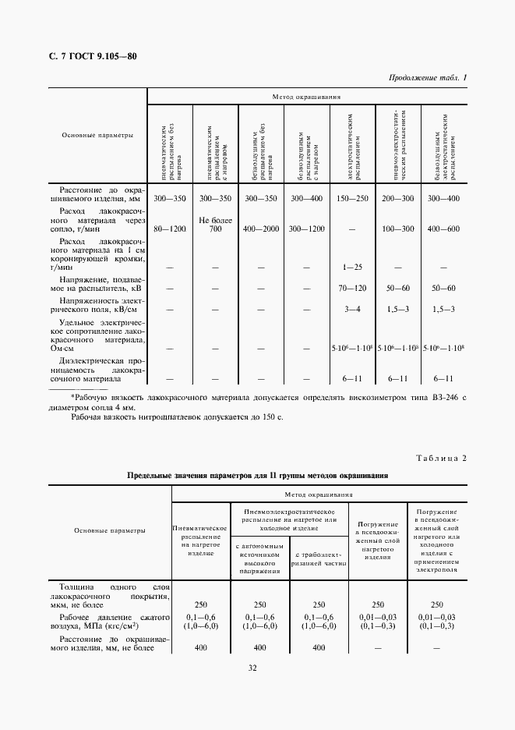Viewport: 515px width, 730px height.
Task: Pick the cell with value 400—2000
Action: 261,229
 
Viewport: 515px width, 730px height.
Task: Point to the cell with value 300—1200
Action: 306,229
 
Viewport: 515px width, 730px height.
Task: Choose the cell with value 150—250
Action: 352,200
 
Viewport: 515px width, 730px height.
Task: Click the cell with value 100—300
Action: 398,229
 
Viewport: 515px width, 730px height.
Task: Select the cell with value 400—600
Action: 443,229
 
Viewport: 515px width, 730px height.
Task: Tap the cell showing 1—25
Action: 352,268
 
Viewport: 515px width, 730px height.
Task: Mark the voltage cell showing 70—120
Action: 352,288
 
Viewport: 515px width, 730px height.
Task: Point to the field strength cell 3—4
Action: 352,310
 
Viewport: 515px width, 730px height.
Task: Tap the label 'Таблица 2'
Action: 441,458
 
